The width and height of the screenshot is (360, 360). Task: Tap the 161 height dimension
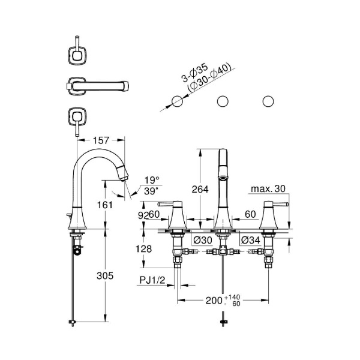[x=104, y=204]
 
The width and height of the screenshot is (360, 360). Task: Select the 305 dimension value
[x=104, y=276]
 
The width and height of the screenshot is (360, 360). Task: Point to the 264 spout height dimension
[x=200, y=189]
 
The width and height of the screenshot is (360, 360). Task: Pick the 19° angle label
[x=152, y=180]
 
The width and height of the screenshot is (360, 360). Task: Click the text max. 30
[x=268, y=189]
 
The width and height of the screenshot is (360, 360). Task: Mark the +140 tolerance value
[x=232, y=297]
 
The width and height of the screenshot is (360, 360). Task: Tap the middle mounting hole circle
[x=223, y=101]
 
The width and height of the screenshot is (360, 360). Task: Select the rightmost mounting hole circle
[x=268, y=101]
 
